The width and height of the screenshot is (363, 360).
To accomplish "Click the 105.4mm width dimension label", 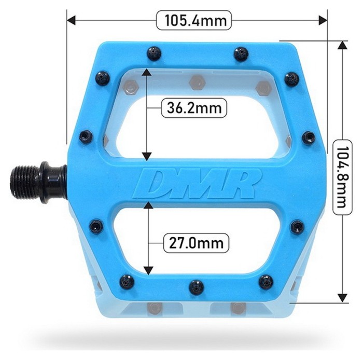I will pos(194,20).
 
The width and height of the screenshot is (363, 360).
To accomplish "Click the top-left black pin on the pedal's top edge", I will pos(153,53).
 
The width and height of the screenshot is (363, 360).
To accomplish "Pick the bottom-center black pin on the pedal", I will pos(196,287).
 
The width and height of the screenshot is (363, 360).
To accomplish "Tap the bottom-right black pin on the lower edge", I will pos(266,282).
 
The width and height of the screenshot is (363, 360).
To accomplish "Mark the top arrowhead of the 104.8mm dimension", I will pos(342,45).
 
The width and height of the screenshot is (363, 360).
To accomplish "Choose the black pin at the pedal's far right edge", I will pos(309,137).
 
